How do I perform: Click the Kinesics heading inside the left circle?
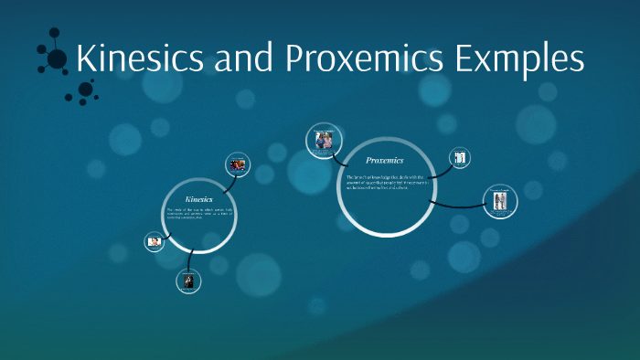198,198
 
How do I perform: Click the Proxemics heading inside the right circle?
384,160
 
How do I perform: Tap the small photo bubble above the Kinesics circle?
238,164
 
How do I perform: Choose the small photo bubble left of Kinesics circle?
155,242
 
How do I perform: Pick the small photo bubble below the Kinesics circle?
188,281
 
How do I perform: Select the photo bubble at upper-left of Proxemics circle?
323,140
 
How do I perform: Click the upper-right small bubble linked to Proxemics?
461,158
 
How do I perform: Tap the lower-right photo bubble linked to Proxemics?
499,201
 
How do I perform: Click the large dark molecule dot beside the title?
57,59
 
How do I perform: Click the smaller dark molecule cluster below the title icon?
85,90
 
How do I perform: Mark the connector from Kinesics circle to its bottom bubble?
189,259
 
